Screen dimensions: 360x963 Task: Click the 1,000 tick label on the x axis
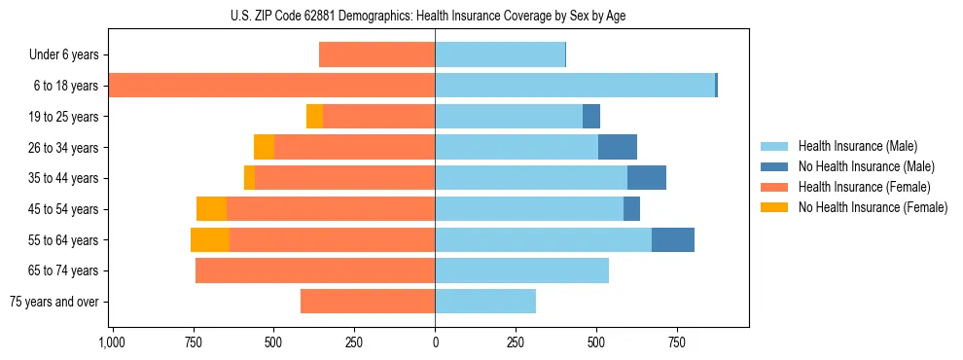pyautogui.click(x=112, y=342)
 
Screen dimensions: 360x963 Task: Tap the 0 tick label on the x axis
pyautogui.click(x=435, y=342)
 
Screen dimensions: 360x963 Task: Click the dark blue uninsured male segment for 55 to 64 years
pyautogui.click(x=673, y=240)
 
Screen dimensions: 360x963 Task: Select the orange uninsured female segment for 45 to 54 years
pyautogui.click(x=211, y=209)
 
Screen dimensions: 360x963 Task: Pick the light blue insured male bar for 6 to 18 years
pyautogui.click(x=574, y=86)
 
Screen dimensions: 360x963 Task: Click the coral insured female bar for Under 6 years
pyautogui.click(x=376, y=55)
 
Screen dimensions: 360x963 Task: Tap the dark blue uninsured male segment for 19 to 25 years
pyautogui.click(x=591, y=117)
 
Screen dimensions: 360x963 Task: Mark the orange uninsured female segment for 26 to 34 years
pyautogui.click(x=264, y=148)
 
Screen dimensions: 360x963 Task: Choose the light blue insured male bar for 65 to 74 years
pyautogui.click(x=521, y=270)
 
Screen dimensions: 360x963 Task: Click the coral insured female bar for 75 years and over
pyautogui.click(x=368, y=302)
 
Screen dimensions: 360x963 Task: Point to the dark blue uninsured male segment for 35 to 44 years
pyautogui.click(x=647, y=178)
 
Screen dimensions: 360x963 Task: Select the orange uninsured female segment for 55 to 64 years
pyautogui.click(x=209, y=240)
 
